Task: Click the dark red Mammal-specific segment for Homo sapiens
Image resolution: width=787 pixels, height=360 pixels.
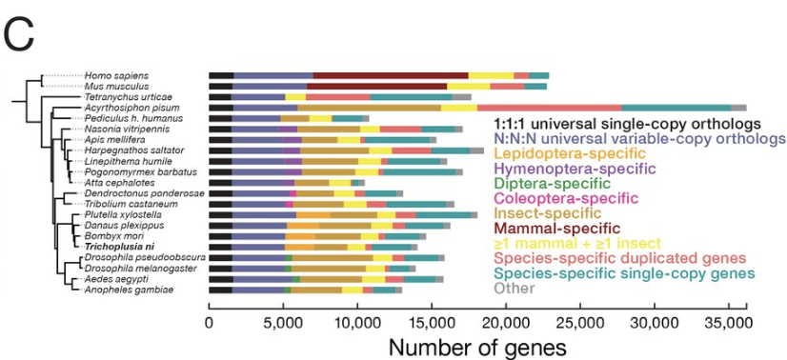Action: [390, 74]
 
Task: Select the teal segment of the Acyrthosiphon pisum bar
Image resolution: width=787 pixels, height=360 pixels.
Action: [676, 108]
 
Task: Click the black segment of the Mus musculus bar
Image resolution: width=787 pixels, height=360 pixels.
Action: [221, 86]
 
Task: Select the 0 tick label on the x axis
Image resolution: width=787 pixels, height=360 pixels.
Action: [210, 323]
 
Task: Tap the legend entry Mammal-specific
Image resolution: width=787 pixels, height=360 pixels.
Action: [556, 228]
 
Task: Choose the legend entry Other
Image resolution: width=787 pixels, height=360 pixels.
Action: [513, 288]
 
